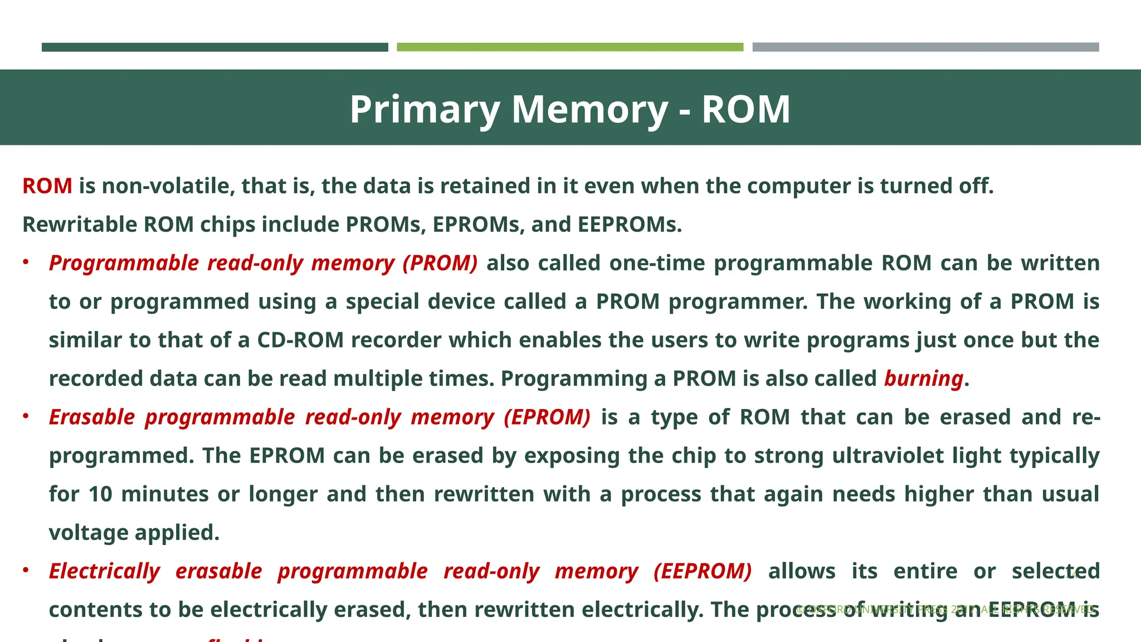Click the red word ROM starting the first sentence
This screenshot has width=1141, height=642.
click(x=47, y=186)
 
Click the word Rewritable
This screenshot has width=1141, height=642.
click(x=80, y=225)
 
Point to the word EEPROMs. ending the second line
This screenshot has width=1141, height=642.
click(x=630, y=225)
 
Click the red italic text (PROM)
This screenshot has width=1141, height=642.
click(x=440, y=263)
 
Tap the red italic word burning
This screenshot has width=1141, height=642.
click(x=924, y=379)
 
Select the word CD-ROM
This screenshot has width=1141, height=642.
click(x=300, y=340)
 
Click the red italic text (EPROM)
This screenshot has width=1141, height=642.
click(x=547, y=417)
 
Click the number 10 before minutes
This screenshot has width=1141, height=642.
click(x=100, y=494)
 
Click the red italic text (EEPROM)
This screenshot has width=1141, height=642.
click(x=703, y=571)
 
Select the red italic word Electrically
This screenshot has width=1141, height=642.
click(x=105, y=571)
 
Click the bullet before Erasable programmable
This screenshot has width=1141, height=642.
click(x=26, y=416)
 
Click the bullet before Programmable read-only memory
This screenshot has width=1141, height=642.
click(x=26, y=262)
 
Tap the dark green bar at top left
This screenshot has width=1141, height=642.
click(x=214, y=47)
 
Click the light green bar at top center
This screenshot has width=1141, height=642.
click(x=570, y=47)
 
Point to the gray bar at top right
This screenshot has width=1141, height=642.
click(x=925, y=47)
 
